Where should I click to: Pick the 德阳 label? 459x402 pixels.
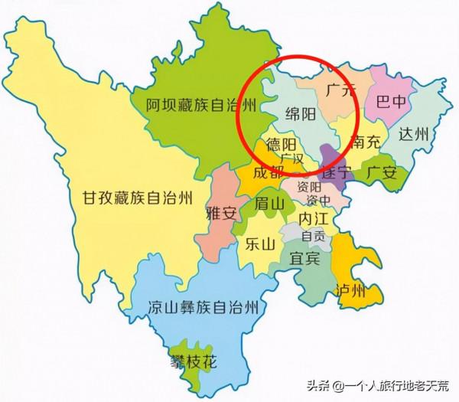click(279, 145)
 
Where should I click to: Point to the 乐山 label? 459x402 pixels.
click(259, 245)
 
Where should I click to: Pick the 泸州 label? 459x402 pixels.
click(350, 290)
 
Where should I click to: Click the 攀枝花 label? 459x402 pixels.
click(194, 359)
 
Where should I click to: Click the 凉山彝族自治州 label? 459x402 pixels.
click(201, 309)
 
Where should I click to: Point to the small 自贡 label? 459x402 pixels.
click(313, 236)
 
